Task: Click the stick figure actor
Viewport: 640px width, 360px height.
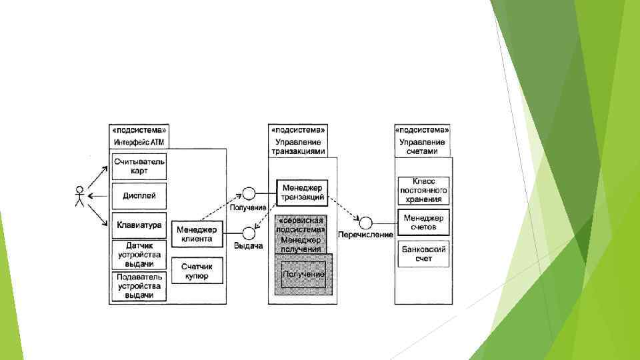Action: (79, 196)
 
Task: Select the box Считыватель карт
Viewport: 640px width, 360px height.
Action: (139, 167)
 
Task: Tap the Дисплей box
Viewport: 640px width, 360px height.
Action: (139, 196)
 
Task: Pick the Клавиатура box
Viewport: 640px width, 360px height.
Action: (139, 225)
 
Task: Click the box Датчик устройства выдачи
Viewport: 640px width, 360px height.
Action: (139, 255)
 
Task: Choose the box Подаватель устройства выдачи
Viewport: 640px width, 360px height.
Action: (139, 286)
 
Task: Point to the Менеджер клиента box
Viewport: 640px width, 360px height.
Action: (197, 234)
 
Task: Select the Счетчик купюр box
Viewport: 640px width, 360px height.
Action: (197, 270)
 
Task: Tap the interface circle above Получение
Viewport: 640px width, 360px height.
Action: (249, 194)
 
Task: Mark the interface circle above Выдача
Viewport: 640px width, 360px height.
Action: (249, 233)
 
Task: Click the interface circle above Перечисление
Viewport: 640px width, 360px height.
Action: (365, 222)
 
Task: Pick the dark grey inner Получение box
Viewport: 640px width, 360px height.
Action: (303, 274)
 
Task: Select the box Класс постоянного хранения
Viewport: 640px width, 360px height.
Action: (423, 190)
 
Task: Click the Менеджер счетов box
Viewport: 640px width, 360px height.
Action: (423, 222)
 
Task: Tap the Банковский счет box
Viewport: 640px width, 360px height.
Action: (423, 254)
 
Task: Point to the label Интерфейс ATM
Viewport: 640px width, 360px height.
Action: (139, 142)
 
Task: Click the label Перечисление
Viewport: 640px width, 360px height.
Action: (365, 235)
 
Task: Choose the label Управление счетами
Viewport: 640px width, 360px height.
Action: (422, 147)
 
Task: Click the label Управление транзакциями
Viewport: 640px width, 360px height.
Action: (299, 147)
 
